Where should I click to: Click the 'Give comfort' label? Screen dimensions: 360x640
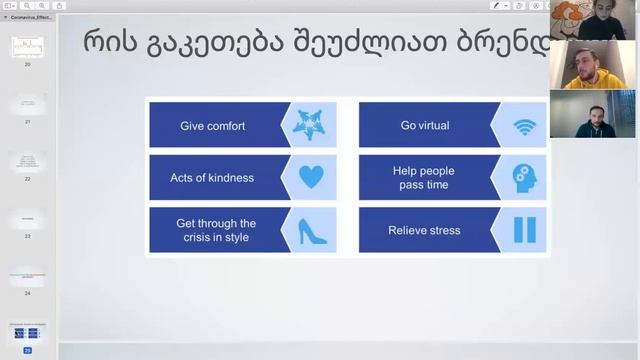[x=212, y=126]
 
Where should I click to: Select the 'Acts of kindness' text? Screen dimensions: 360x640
[x=212, y=178]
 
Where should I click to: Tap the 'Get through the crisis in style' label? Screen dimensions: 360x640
[x=216, y=230]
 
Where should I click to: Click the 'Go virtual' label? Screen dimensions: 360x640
[x=424, y=126]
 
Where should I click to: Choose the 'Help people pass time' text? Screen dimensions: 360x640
[x=424, y=178]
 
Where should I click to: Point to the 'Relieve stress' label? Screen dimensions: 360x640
[x=424, y=230]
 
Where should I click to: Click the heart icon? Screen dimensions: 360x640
[x=311, y=178]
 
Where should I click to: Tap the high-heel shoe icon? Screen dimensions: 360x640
[x=311, y=230]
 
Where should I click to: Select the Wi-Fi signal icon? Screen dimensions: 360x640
[x=524, y=126]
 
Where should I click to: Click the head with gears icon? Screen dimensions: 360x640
[x=524, y=178]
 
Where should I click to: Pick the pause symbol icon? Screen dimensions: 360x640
[x=524, y=230]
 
